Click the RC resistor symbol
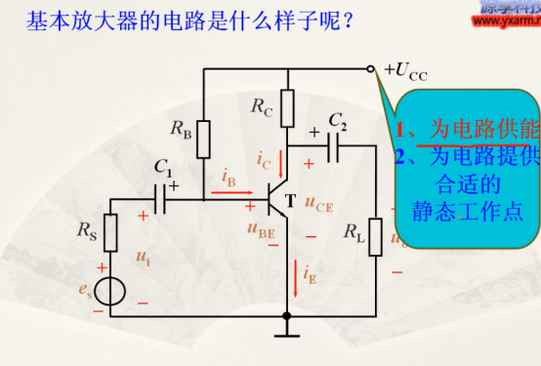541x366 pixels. pyautogui.click(x=287, y=106)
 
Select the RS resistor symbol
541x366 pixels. pyautogui.click(x=110, y=231)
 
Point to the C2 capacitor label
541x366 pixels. pyautogui.click(x=337, y=120)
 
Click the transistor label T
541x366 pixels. pyautogui.click(x=289, y=202)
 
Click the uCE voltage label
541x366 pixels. pyautogui.click(x=319, y=205)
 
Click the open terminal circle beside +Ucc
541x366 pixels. pyautogui.click(x=371, y=69)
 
